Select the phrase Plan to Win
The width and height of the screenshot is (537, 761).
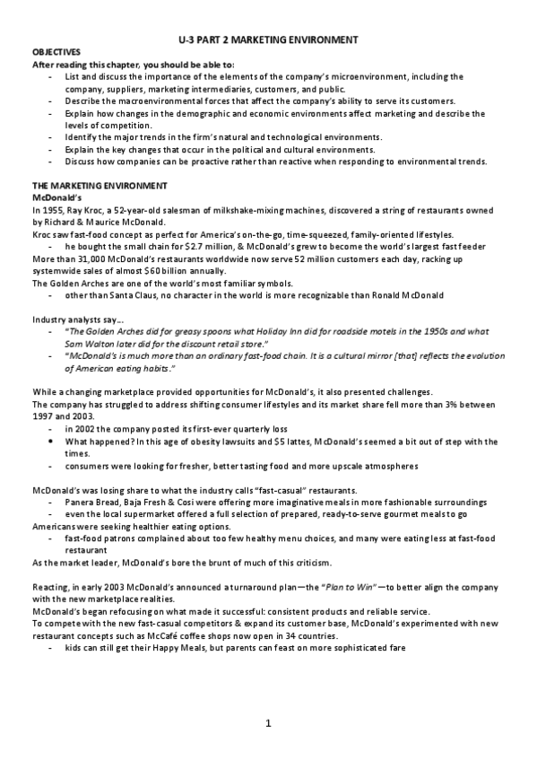(x=303, y=586)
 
